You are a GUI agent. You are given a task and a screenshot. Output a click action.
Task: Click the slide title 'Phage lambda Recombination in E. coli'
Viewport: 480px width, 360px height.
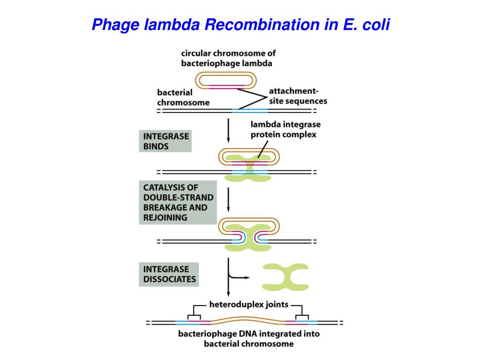240,24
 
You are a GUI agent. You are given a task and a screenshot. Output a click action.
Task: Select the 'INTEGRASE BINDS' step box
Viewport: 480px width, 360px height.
165,141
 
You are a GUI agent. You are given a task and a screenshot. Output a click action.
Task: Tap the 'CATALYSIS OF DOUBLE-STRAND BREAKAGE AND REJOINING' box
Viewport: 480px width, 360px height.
178,202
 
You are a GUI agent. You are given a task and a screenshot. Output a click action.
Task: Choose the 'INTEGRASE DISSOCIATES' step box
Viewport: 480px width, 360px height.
169,274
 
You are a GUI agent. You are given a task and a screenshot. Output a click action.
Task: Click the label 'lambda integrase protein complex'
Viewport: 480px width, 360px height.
285,129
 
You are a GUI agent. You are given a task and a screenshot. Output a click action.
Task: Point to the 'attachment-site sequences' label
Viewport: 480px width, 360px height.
298,96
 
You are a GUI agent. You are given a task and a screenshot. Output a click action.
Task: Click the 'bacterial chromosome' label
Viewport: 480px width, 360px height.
183,97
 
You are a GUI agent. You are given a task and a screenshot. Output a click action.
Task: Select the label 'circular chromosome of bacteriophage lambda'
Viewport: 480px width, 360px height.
228,58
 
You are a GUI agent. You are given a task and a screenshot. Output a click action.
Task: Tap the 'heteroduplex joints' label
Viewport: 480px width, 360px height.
248,304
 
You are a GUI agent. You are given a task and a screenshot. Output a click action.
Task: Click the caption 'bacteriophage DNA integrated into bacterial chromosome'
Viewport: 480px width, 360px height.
249,338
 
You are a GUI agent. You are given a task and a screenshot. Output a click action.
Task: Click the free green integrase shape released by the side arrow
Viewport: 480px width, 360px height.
285,277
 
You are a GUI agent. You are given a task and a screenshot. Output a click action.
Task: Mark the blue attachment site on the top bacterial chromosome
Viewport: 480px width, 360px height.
250,111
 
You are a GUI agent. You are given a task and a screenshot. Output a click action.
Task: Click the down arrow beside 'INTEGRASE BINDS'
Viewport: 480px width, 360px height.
228,131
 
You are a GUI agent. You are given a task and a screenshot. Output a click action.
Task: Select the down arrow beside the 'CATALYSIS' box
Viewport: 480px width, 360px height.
228,200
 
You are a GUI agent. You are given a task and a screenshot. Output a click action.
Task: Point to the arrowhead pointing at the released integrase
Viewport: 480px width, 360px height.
247,277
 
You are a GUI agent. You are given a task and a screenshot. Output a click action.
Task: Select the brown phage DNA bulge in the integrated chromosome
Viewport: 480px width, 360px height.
248,320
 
